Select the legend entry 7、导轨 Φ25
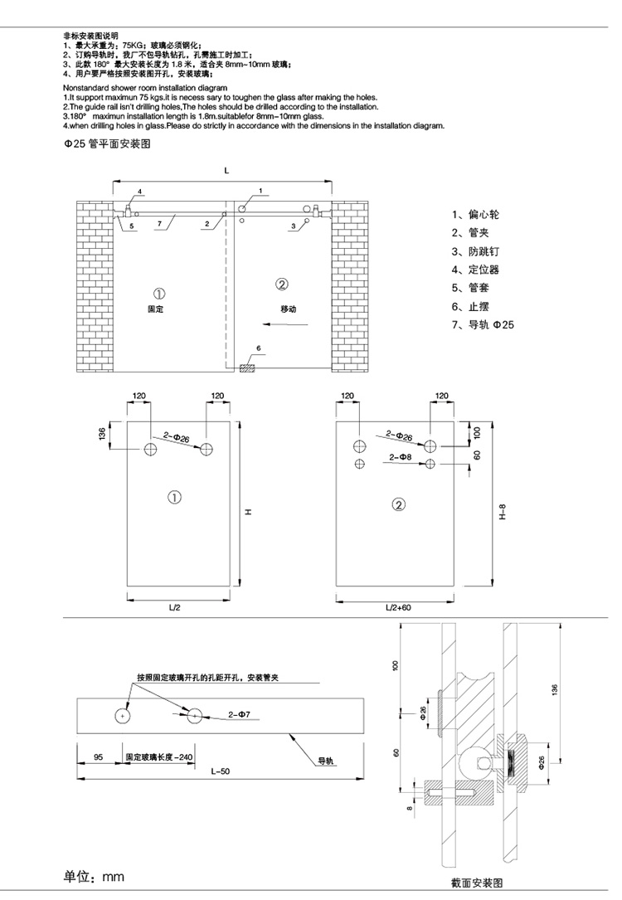[483, 324]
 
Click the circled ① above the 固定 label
[158, 292]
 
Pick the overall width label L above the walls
[225, 169]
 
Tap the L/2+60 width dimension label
[397, 608]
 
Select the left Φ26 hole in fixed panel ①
[151, 450]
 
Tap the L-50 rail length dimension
[220, 772]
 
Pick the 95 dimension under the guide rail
[98, 756]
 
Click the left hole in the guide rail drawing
[123, 714]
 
